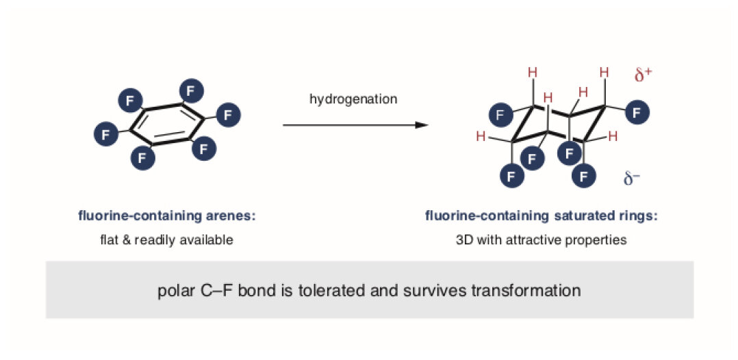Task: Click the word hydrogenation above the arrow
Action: [353, 99]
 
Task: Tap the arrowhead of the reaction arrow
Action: [422, 125]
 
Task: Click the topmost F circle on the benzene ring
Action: [190, 91]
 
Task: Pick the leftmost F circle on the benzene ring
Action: [106, 133]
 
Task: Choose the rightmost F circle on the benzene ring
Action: [228, 115]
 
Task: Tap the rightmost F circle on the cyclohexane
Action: [637, 112]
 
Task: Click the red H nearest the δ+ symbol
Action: [605, 73]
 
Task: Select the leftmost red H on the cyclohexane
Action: [481, 137]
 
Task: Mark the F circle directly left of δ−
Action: [583, 177]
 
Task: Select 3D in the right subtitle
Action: [463, 240]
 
